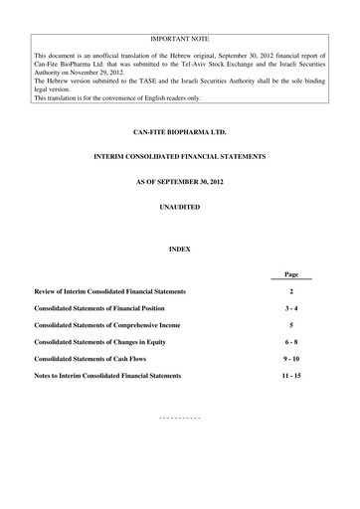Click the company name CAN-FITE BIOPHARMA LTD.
click(x=179, y=130)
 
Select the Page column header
click(x=291, y=273)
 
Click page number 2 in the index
click(x=291, y=291)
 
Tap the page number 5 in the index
click(x=291, y=325)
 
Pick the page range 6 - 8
click(x=291, y=342)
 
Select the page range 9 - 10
click(x=291, y=359)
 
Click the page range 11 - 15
click(x=291, y=376)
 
